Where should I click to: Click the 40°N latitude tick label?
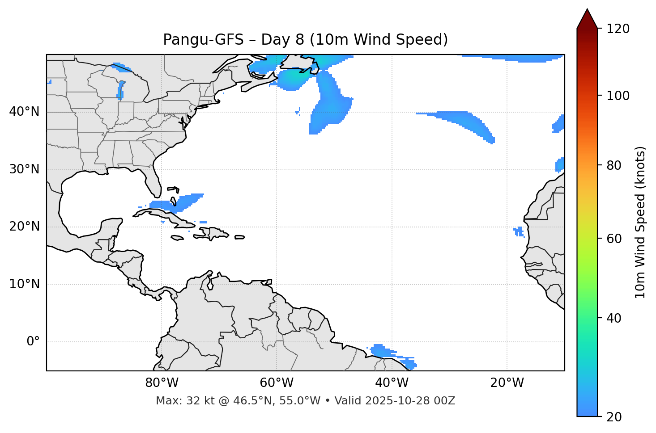[x=24, y=112]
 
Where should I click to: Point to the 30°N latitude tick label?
[x=24, y=169]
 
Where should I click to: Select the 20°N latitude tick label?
[x=24, y=227]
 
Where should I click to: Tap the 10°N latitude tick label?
[x=24, y=284]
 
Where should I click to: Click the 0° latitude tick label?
[x=33, y=342]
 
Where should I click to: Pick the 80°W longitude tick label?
[x=162, y=383]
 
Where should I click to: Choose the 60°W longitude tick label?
[x=277, y=383]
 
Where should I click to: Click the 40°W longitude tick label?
[x=392, y=383]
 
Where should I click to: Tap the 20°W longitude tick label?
[x=507, y=383]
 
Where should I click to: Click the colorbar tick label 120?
[x=618, y=29]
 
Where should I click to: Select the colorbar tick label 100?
[x=618, y=96]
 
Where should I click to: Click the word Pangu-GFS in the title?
[x=203, y=40]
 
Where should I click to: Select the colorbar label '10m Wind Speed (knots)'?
[x=640, y=223]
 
